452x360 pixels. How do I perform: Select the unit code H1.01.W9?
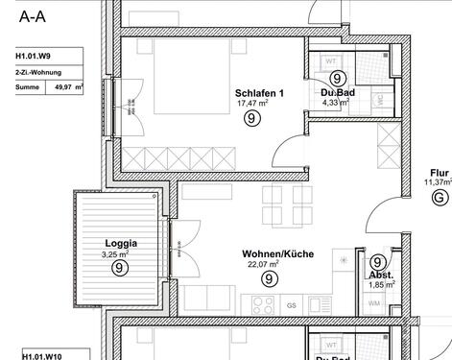click(34, 56)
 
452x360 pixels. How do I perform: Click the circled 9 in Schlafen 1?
click(251, 119)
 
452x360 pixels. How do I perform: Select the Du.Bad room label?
click(337, 92)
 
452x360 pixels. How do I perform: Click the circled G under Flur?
click(440, 199)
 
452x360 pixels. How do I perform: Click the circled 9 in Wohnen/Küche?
click(270, 279)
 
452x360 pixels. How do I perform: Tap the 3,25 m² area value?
click(115, 254)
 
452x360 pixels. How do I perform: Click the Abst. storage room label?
click(378, 275)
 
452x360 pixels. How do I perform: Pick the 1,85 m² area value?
click(379, 285)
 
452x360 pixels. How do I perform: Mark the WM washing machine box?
click(373, 303)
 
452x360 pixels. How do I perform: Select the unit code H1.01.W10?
click(36, 353)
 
